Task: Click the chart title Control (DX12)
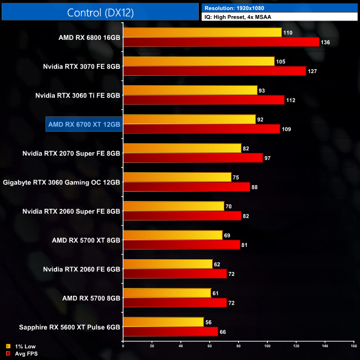pyautogui.click(x=100, y=13)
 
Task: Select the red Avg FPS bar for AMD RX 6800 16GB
pyautogui.click(x=221, y=42)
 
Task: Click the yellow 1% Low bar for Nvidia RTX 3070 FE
pyautogui.click(x=199, y=61)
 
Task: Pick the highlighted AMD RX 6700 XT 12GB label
pyautogui.click(x=84, y=124)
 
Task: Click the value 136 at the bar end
pyautogui.click(x=326, y=42)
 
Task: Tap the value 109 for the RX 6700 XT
pyautogui.click(x=287, y=129)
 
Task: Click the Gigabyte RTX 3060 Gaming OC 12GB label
pyautogui.click(x=61, y=182)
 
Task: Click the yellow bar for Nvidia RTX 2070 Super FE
pyautogui.click(x=182, y=148)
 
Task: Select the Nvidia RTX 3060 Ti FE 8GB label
pyautogui.click(x=81, y=95)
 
